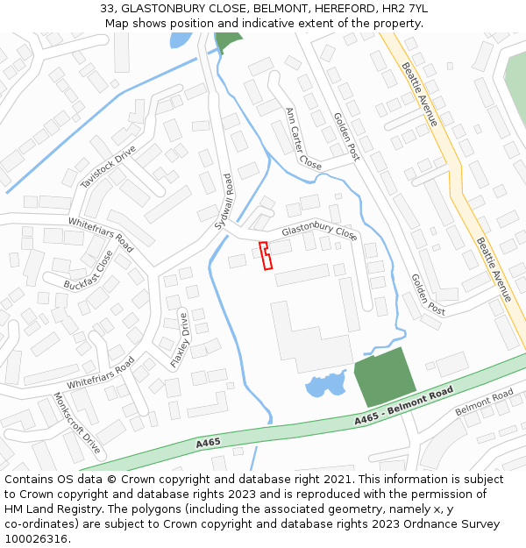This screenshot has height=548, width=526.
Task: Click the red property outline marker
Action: pos(266,255)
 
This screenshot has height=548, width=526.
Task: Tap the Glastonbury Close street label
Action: pos(318,232)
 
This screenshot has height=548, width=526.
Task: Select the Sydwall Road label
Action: pos(225,203)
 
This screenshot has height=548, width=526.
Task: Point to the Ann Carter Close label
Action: pos(303,138)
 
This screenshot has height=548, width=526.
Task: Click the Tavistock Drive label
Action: pos(109,167)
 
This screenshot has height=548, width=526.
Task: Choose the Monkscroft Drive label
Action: pos(77,423)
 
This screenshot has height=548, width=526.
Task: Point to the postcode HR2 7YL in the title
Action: pos(405,9)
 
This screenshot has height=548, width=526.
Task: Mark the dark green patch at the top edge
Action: pos(228,41)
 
